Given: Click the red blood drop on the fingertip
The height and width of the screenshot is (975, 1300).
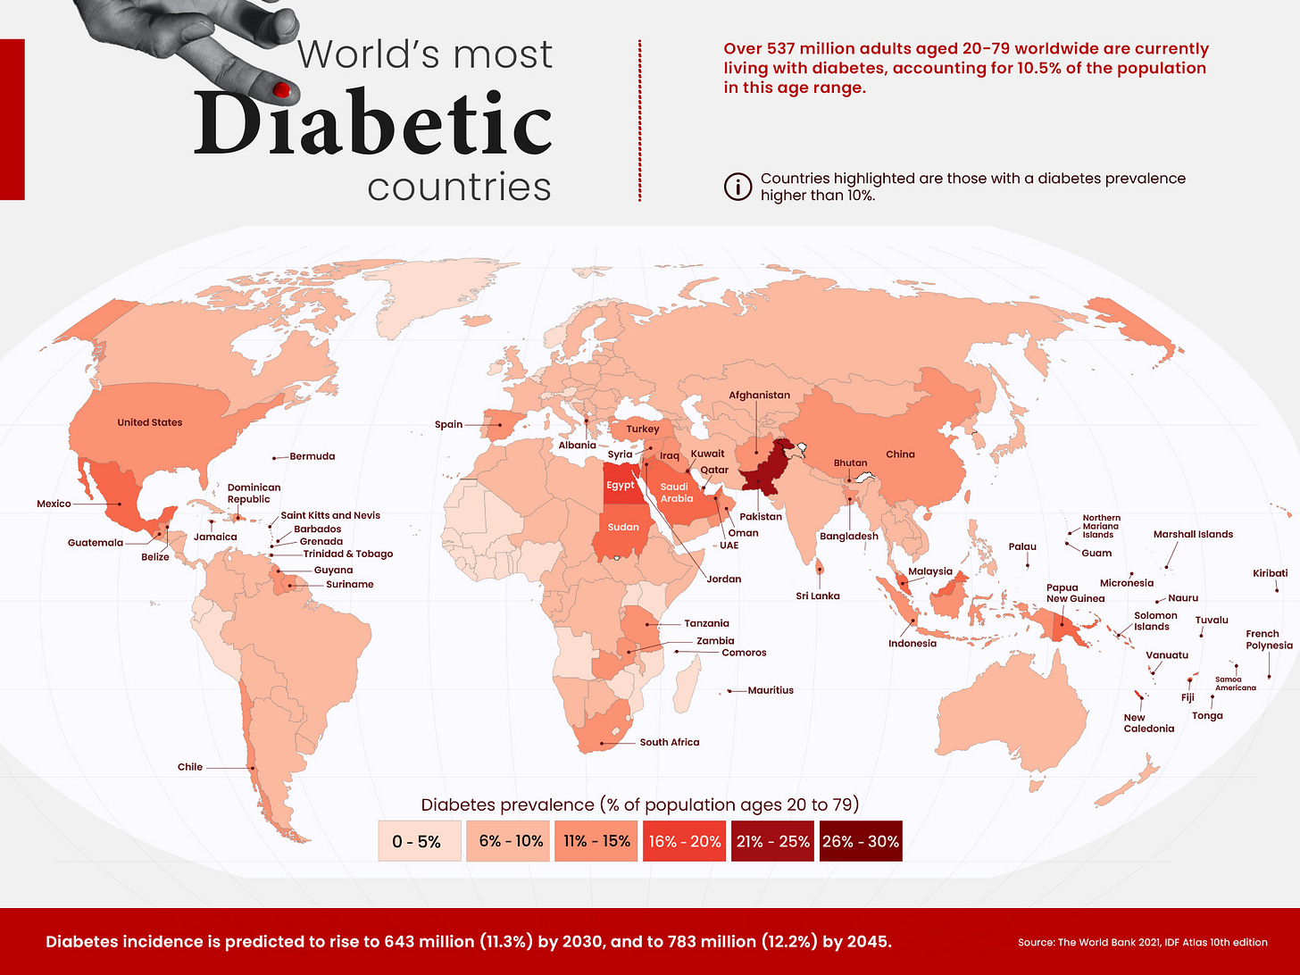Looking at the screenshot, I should point(281,89).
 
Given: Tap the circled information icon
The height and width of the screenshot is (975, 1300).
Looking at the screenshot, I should point(737,187).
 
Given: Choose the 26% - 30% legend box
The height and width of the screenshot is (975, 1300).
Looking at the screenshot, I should point(861,841).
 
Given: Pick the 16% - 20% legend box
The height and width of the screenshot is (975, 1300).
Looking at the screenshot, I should point(685,841).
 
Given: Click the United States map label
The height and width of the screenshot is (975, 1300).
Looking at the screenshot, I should point(150,422).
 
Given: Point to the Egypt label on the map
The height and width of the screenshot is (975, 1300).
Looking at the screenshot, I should point(621,485).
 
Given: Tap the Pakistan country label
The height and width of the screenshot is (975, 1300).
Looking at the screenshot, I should point(761,516).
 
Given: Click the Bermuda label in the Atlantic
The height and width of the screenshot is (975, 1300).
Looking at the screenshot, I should point(312,456).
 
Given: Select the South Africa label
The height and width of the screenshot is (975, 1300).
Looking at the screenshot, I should point(670,742).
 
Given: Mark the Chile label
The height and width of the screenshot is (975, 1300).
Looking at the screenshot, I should point(190,767).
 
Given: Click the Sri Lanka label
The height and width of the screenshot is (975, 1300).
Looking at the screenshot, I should point(818,596).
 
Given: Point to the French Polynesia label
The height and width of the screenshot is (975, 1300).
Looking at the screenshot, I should point(1269,639).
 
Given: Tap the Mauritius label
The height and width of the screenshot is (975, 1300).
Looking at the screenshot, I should point(771,690).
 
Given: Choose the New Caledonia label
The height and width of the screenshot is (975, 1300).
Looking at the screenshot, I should point(1148,723).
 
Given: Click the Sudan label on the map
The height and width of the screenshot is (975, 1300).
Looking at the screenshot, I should point(623,527).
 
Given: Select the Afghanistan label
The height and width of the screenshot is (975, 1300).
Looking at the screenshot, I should point(759,395).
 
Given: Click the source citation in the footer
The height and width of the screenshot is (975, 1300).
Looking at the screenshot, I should point(1142,942).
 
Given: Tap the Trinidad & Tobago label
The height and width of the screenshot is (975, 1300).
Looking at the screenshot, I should point(348,554).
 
